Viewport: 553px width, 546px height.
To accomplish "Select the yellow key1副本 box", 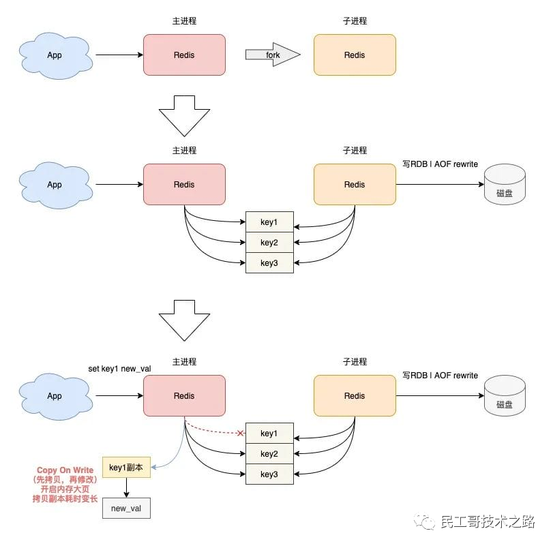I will (126, 468).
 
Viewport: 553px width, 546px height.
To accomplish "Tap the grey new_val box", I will (126, 509).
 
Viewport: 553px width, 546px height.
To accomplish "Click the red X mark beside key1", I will (241, 434).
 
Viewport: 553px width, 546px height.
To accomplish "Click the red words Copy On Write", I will (65, 471).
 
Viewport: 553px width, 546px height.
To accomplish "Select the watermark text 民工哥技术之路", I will (488, 522).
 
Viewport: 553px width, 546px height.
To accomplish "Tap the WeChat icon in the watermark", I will (427, 522).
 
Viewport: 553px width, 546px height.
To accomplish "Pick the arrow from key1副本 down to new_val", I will (126, 488).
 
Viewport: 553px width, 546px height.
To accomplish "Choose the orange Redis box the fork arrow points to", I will (355, 55).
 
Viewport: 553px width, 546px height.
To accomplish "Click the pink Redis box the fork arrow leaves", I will (184, 55).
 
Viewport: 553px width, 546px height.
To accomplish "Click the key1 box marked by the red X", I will (269, 434).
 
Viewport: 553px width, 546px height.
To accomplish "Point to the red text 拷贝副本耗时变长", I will (65, 500).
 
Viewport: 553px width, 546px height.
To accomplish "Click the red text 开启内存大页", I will (65, 490).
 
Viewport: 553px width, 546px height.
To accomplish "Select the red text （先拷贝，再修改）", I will (65, 481).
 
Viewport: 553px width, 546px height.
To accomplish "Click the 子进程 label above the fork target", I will (355, 21).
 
